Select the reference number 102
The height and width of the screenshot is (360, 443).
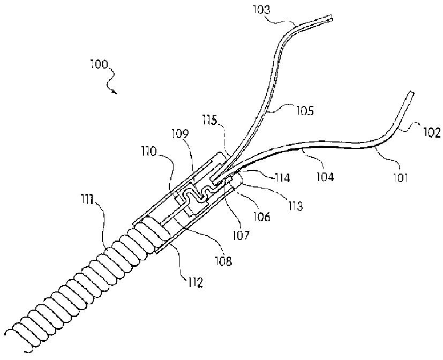pyautogui.click(x=432, y=132)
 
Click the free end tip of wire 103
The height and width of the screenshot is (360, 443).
pyautogui.click(x=332, y=19)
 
